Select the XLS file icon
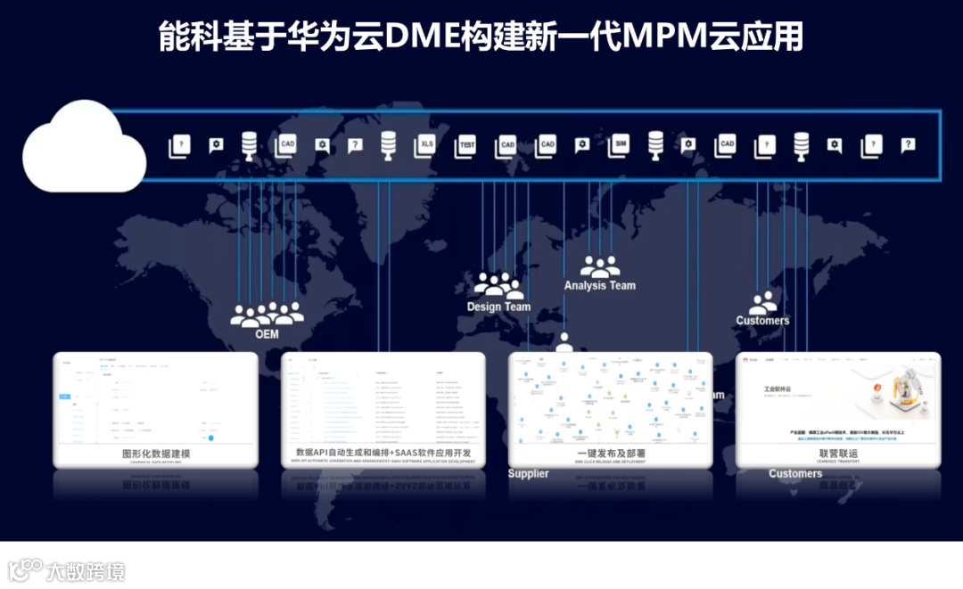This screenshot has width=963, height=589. tap(426, 145)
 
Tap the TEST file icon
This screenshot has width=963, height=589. tap(466, 145)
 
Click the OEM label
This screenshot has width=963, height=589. tap(267, 334)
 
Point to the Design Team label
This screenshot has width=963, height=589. tap(498, 307)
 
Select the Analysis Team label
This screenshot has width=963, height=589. tap(599, 285)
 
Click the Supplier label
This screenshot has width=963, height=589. tap(528, 473)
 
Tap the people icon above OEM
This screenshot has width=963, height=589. tap(267, 313)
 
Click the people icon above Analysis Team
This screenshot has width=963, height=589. tap(599, 266)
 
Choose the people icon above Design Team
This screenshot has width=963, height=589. tap(498, 285)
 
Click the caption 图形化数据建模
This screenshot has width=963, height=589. tap(155, 454)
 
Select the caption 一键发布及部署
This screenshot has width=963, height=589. tap(611, 454)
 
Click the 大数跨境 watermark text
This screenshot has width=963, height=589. tap(86, 571)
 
